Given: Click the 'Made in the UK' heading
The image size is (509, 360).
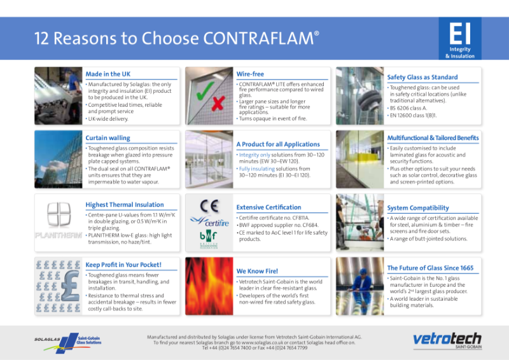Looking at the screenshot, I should pyautogui.click(x=108, y=74).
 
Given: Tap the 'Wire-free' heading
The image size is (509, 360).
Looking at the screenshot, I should pyautogui.click(x=250, y=74).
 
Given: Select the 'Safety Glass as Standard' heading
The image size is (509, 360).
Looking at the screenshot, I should pyautogui.click(x=422, y=77).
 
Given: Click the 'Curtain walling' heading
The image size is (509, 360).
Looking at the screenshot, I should pyautogui.click(x=108, y=137).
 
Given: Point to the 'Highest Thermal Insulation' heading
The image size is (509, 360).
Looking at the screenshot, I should pyautogui.click(x=125, y=205).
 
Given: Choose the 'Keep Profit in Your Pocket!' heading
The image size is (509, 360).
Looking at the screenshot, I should pyautogui.click(x=123, y=265).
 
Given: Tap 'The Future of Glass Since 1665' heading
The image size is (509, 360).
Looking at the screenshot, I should pyautogui.click(x=430, y=268).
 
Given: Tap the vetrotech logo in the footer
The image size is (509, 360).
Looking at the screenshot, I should pyautogui.click(x=447, y=338).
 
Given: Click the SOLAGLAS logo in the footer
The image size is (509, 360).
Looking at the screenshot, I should pyautogui.click(x=48, y=339).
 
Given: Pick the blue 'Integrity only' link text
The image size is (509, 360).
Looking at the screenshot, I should pyautogui.click(x=254, y=155).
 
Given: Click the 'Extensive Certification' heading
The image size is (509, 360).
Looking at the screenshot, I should pyautogui.click(x=268, y=207).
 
